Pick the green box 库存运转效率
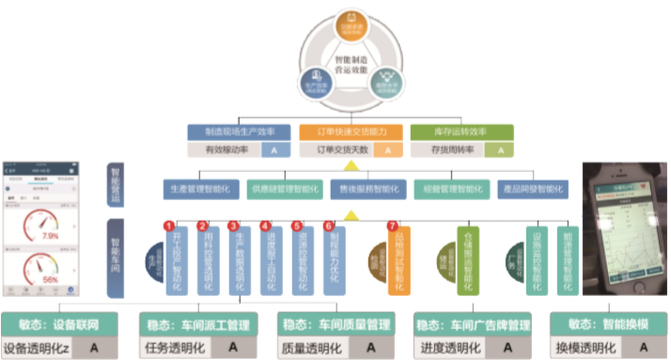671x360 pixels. (x=462, y=132)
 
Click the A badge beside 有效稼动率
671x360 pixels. (x=273, y=149)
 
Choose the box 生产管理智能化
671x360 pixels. (x=201, y=189)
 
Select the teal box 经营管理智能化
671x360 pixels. (x=451, y=189)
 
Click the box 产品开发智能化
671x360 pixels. (x=535, y=189)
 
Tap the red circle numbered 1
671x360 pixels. (x=169, y=226)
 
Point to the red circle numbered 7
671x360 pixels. (x=393, y=226)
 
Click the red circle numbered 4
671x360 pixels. (x=266, y=226)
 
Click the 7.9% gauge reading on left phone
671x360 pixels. (x=49, y=235)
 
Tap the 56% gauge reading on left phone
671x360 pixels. (x=50, y=279)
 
